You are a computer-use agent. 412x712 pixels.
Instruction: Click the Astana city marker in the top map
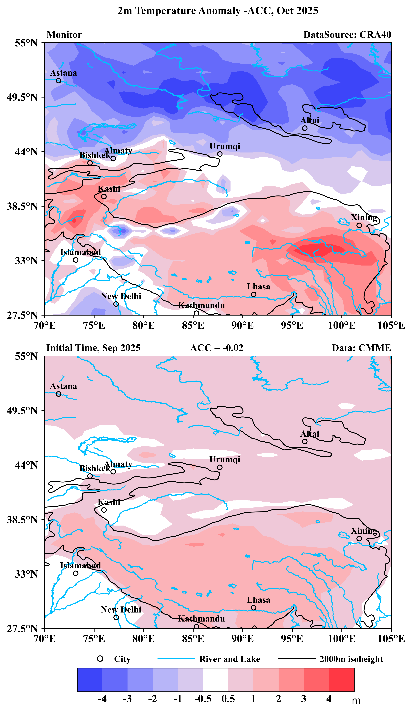pos(58,80)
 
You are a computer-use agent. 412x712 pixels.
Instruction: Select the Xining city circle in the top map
pos(359,225)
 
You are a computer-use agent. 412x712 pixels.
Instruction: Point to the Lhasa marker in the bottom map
pos(253,607)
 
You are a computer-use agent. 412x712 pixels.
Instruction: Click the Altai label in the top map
pos(310,121)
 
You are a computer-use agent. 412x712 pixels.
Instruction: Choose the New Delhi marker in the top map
pos(116,304)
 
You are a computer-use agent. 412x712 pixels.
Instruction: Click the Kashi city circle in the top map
pos(104,196)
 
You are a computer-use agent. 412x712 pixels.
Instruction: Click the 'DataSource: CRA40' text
pos(347,35)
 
